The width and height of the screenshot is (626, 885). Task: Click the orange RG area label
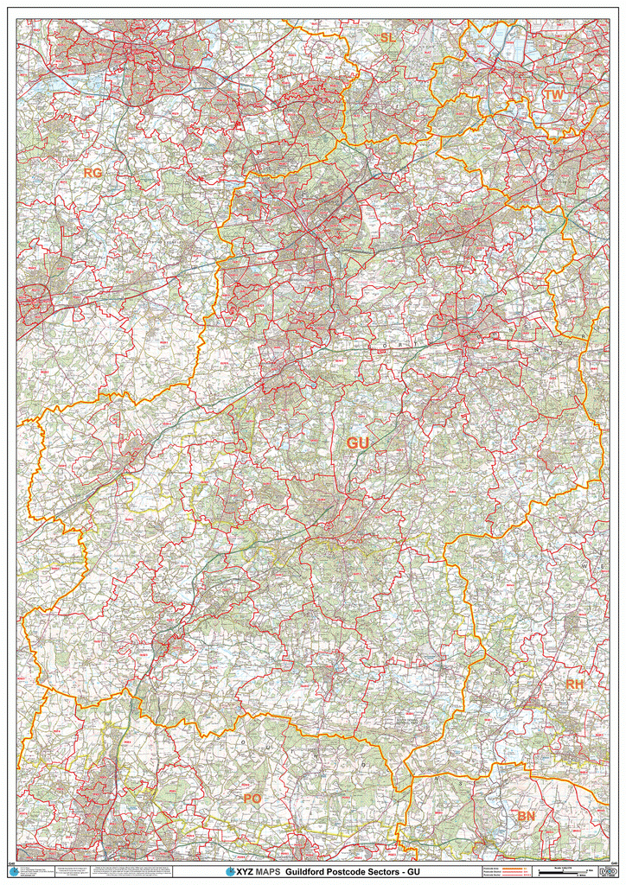point(93,173)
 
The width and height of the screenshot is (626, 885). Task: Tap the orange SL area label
point(386,37)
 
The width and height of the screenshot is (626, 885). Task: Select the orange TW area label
point(553,94)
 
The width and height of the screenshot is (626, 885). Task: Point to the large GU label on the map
point(358,443)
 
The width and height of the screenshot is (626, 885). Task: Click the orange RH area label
point(575,684)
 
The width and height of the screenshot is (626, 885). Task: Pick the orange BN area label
point(527,816)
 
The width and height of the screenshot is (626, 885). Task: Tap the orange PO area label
point(252,799)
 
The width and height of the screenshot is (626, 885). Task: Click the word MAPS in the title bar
point(266,872)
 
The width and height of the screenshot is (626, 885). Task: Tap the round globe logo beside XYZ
point(229,872)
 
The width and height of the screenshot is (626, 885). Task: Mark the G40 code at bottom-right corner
point(614,863)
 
